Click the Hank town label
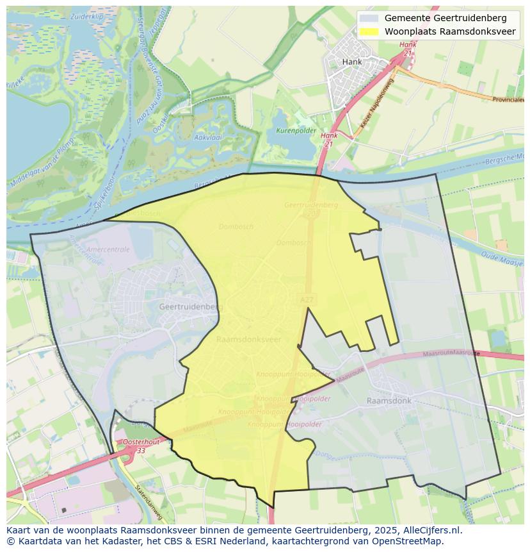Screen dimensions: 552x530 point(351,62)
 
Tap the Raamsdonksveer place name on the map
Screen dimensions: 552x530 point(249,339)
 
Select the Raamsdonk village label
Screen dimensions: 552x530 point(389,400)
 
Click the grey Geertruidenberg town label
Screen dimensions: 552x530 point(190,306)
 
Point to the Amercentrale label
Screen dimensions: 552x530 point(108,249)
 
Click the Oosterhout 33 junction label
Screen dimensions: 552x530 point(141,446)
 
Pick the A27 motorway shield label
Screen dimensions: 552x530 point(307,299)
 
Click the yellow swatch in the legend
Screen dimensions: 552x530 point(369,31)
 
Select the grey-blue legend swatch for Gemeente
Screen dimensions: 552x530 point(369,18)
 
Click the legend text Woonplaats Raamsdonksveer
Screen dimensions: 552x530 point(450,31)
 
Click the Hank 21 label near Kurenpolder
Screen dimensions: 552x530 point(329,140)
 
